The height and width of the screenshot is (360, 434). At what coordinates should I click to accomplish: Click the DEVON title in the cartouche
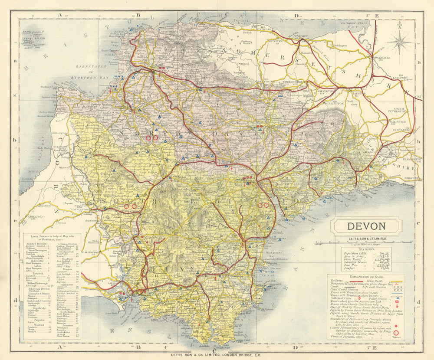366,226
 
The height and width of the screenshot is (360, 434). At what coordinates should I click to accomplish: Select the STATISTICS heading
365,249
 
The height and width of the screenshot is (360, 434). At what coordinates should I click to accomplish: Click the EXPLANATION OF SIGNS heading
365,276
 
